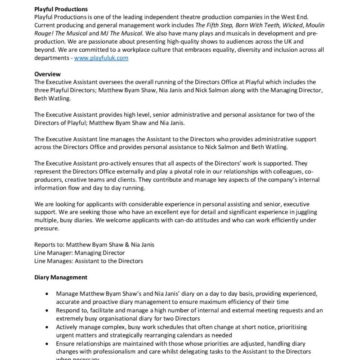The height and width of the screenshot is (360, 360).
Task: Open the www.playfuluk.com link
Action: tap(101, 58)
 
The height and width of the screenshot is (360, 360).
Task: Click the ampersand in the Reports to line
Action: tap(129, 244)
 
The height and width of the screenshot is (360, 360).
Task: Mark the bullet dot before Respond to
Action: tap(48, 310)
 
